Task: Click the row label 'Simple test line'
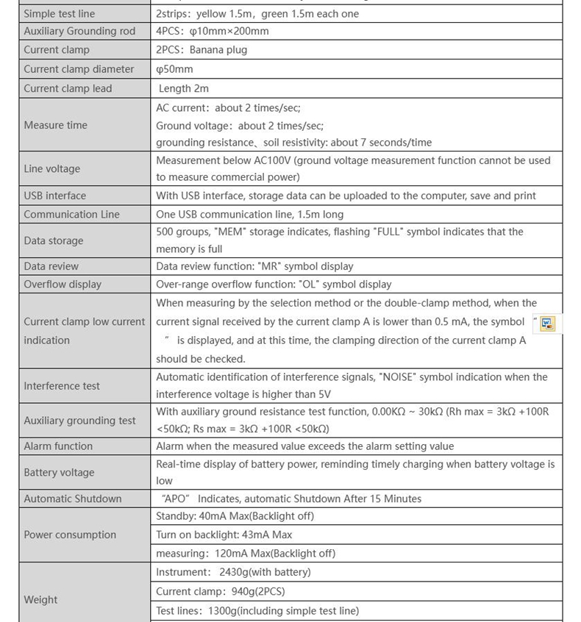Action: tap(59, 14)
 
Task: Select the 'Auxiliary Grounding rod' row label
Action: tap(79, 32)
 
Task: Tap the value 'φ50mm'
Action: tap(174, 69)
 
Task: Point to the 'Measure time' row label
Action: tap(55, 125)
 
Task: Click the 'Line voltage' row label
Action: tap(51, 168)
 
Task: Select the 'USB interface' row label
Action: tap(54, 196)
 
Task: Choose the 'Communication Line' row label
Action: tap(71, 214)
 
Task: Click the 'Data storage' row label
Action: tap(53, 240)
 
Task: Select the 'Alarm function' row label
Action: tap(58, 446)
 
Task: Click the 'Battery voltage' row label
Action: tap(59, 473)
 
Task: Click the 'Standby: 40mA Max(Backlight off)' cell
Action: tap(235, 516)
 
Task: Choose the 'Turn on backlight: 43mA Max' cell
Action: tap(224, 535)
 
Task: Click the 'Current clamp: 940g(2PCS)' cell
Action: tap(220, 591)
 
